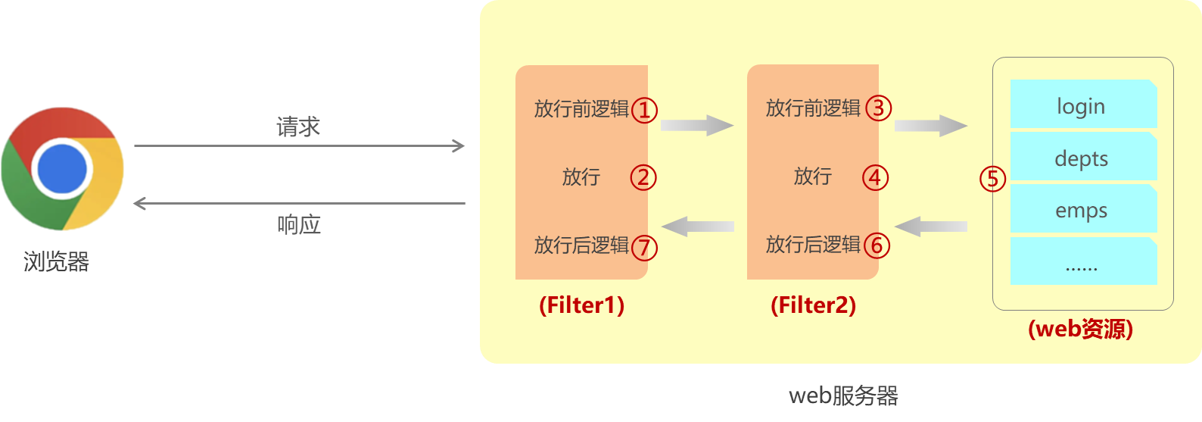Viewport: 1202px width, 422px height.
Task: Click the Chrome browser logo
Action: (62, 168)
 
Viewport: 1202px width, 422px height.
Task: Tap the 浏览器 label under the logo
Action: (56, 262)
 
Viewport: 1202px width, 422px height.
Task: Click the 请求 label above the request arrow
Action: (298, 127)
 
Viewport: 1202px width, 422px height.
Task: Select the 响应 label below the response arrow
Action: (299, 225)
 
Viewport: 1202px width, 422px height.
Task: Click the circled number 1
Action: (644, 111)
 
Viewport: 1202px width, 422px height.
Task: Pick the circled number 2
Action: (643, 178)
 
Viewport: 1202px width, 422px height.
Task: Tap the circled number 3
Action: (878, 108)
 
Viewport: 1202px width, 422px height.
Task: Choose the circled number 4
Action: (875, 178)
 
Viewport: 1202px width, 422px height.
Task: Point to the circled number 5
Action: (992, 180)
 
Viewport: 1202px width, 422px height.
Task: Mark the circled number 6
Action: (877, 245)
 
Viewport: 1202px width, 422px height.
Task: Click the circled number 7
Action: (644, 247)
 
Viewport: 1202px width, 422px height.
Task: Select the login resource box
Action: (1083, 105)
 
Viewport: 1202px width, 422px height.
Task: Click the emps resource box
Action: (1083, 209)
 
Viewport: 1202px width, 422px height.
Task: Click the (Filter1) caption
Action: (581, 305)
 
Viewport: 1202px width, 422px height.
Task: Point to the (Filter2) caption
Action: (813, 305)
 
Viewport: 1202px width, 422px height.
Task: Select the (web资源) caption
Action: (1080, 329)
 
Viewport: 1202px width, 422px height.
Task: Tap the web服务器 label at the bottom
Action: (843, 395)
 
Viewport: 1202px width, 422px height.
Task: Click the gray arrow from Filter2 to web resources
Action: (930, 125)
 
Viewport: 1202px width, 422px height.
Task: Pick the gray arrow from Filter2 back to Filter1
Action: (698, 226)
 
